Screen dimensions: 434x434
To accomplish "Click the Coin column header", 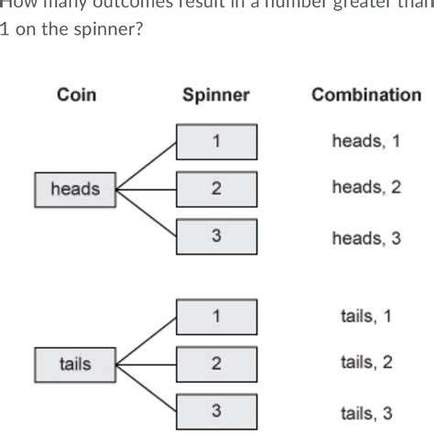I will (x=77, y=95).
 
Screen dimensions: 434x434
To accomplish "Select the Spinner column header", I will (x=216, y=95).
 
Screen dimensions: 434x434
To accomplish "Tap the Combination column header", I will (x=366, y=95).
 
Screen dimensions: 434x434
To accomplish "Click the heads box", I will (x=75, y=190).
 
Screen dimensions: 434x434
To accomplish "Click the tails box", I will (x=75, y=363).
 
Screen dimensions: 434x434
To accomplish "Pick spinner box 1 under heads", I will (x=216, y=142).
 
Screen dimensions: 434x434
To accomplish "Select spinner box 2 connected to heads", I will (x=216, y=190).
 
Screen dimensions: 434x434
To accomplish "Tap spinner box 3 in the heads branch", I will (x=216, y=236).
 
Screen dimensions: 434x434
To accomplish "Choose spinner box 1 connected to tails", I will (x=216, y=317).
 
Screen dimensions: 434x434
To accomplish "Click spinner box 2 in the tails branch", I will (x=216, y=363).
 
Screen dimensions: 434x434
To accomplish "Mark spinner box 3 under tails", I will (x=216, y=409).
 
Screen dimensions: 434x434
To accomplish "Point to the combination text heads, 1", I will (x=366, y=141).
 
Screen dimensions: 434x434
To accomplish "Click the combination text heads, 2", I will (x=366, y=189).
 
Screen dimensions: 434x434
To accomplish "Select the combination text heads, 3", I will (x=366, y=238).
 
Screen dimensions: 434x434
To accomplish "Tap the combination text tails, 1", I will (x=366, y=317).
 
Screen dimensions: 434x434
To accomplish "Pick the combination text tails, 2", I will (x=366, y=363).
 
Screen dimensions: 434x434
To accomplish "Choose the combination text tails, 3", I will (x=366, y=411).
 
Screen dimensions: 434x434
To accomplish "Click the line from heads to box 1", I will (x=145, y=166).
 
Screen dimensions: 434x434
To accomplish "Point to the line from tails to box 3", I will (x=145, y=386).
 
